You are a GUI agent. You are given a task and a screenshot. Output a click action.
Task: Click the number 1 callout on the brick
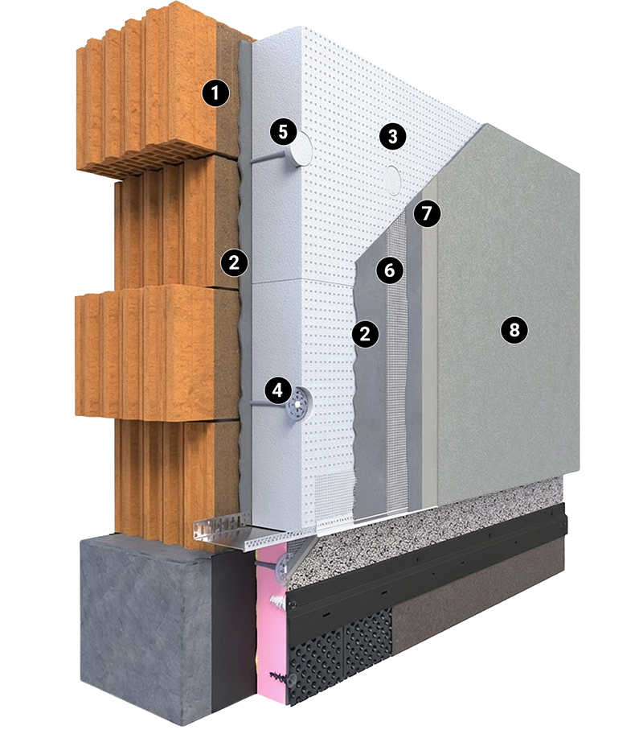[x=215, y=93]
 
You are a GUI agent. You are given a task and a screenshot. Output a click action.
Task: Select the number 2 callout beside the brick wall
[x=235, y=263]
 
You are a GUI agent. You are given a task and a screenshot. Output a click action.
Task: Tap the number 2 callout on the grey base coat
[x=366, y=334]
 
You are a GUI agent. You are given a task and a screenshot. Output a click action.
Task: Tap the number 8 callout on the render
[x=514, y=330]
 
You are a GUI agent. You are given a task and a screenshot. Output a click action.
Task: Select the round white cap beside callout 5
[x=301, y=149]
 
